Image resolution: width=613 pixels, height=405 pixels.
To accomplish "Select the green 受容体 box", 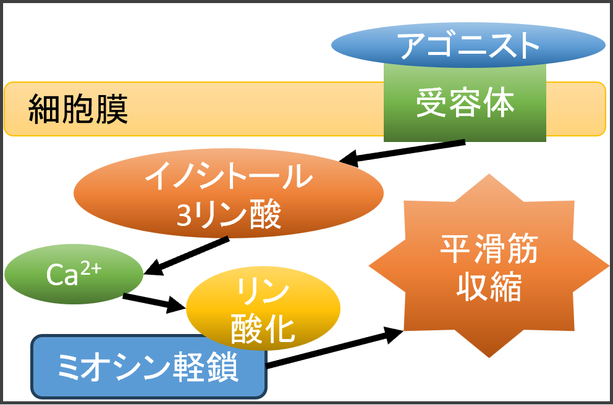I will coord(465,103).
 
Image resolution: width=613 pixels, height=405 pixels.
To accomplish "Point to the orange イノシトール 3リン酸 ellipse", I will coord(228,194).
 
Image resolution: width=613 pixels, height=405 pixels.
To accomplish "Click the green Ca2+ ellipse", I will coord(74,274).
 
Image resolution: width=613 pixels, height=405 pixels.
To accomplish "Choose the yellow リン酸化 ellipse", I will coord(263,310).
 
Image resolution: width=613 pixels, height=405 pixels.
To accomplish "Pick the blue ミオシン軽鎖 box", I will coord(148,368).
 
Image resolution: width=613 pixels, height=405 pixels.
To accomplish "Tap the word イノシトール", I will coord(228,178).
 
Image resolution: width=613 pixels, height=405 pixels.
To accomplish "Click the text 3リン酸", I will coord(228,214).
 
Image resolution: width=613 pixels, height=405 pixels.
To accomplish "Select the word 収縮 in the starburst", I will coord(489,286).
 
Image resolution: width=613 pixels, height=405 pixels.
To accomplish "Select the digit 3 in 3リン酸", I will coord(185,215).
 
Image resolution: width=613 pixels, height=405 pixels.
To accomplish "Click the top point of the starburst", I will coord(489,175).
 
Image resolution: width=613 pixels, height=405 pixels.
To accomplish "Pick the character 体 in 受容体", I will coord(499,103).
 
